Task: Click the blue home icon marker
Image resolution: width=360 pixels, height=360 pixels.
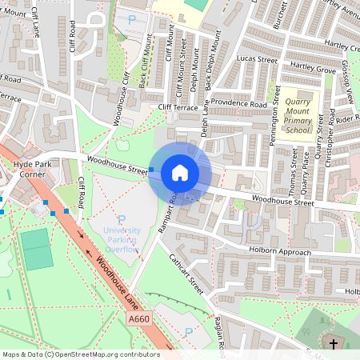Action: tap(180, 173)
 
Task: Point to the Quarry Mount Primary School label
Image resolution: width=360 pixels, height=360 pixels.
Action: tap(297, 115)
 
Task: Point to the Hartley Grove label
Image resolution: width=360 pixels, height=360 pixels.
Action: tap(313, 70)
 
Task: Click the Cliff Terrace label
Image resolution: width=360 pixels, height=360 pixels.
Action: tap(178, 106)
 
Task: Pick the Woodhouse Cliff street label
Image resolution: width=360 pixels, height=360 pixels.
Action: tap(122, 98)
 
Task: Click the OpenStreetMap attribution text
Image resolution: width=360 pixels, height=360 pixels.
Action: tap(80, 354)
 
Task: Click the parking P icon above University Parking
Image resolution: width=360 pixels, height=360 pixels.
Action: tap(122, 219)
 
